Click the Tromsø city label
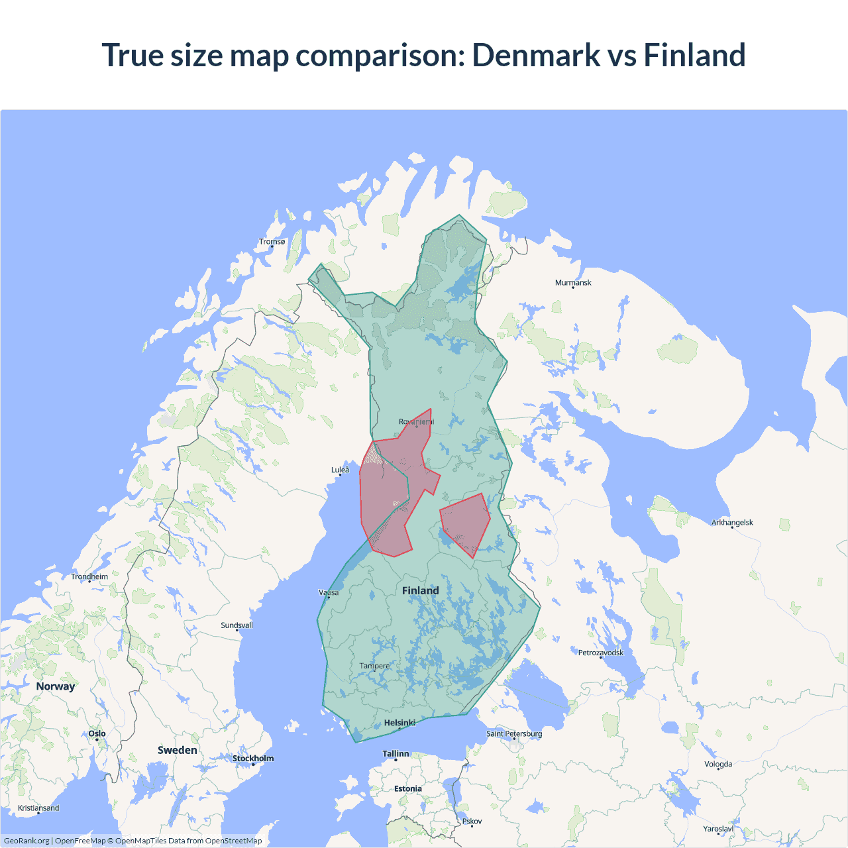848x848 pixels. tap(272, 242)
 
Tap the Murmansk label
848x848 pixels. tap(573, 283)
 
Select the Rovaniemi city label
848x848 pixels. tap(416, 422)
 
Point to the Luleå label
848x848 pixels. tap(340, 470)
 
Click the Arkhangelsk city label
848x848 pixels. tap(732, 523)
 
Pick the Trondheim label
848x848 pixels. tap(89, 577)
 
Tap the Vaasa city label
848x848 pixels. tap(329, 593)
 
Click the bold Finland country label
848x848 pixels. tap(420, 591)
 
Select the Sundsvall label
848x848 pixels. tap(237, 625)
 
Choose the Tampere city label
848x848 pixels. tap(374, 666)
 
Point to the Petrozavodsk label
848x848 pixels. tap(600, 653)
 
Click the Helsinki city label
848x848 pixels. tap(399, 723)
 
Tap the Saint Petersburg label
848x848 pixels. tap(514, 734)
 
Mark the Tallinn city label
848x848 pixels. tap(396, 754)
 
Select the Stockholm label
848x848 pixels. tap(252, 759)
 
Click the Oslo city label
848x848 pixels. tap(97, 734)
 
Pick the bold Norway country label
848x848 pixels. tap(56, 686)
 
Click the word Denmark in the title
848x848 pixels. tap(535, 55)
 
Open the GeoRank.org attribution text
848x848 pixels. tap(26, 841)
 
